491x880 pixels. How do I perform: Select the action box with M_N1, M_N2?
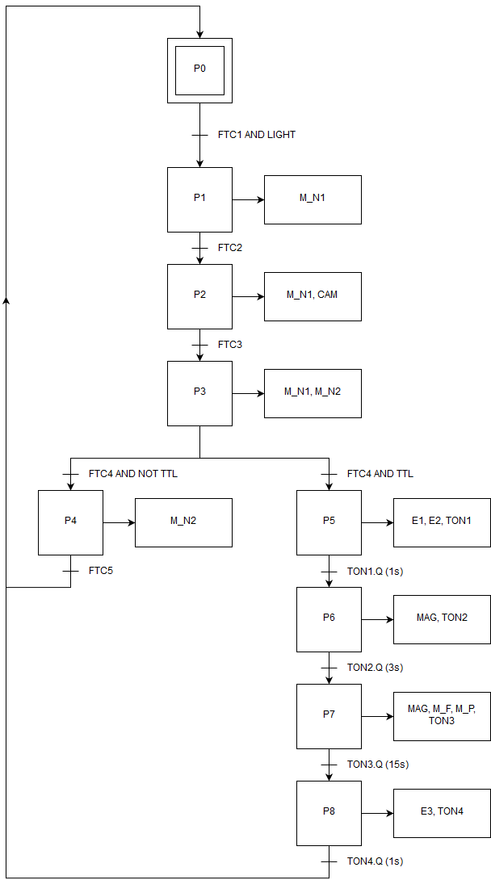click(313, 393)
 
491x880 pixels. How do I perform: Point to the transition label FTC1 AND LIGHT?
click(257, 135)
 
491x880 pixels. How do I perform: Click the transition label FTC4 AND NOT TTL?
click(133, 474)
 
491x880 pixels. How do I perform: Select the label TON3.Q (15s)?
click(378, 765)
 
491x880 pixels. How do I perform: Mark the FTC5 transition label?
click(101, 571)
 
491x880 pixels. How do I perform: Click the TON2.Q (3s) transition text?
click(375, 668)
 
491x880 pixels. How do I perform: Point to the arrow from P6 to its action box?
click(377, 619)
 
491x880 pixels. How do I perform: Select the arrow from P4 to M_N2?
click(119, 522)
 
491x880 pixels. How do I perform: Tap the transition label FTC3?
click(230, 345)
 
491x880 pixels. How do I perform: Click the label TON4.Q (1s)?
click(375, 861)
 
